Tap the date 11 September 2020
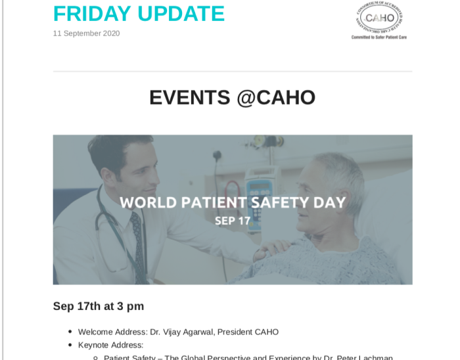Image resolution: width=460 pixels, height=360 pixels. [86, 34]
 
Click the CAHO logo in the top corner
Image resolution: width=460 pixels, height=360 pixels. [379, 18]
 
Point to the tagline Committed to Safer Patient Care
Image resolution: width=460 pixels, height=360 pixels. [379, 37]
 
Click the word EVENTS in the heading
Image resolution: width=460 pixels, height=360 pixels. [190, 97]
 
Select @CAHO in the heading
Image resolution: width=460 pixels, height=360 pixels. [277, 97]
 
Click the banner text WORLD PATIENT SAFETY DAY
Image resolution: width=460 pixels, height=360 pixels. [233, 202]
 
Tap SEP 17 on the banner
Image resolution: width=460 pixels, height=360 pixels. [233, 221]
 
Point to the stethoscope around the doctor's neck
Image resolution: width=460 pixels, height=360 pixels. [105, 223]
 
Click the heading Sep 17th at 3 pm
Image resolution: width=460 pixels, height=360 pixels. [99, 307]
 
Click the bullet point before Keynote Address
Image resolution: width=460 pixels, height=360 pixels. [70, 345]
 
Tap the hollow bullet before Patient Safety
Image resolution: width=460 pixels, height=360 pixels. [95, 358]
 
